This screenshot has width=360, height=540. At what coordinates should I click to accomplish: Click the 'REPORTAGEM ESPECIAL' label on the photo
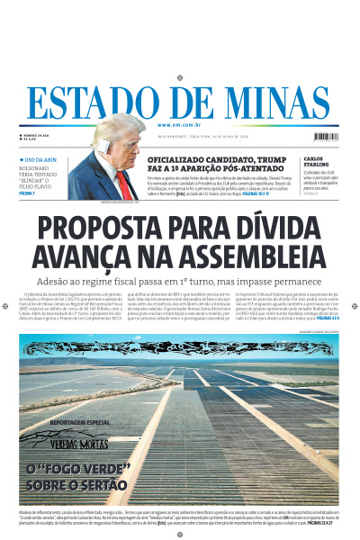pyautogui.click(x=79, y=422)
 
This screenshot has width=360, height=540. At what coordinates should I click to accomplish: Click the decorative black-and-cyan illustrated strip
pyautogui.click(x=179, y=346)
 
